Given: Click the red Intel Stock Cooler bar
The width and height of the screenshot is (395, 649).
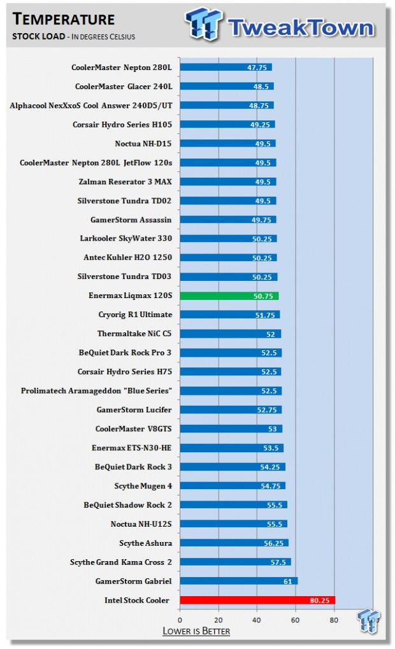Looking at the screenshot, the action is [x=257, y=600].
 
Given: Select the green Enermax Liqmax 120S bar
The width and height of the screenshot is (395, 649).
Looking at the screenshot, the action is [x=229, y=296].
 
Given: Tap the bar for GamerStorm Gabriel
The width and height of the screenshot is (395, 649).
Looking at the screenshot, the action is [x=238, y=581].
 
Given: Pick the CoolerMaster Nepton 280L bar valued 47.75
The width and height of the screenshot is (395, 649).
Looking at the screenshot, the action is [x=226, y=68].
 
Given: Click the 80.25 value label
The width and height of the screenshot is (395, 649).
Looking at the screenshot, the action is [x=320, y=601].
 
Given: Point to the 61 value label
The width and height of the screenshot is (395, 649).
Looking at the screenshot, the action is [x=288, y=581].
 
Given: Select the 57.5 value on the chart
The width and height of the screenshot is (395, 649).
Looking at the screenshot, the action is [x=278, y=562].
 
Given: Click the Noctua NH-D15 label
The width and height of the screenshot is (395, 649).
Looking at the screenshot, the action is [x=143, y=144].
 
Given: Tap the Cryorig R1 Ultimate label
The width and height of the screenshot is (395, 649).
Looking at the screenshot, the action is [x=135, y=315].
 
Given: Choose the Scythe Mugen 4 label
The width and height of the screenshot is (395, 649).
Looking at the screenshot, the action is [x=143, y=486].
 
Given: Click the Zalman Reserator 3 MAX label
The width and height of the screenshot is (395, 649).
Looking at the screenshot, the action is [x=125, y=182].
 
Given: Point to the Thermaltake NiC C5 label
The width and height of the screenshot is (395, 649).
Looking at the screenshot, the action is [x=134, y=334].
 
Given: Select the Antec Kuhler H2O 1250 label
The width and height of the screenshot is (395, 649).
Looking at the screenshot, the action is [x=127, y=257].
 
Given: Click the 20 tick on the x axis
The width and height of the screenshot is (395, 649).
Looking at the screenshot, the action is [x=218, y=620].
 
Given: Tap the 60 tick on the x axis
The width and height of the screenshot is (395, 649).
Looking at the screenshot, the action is [x=295, y=620].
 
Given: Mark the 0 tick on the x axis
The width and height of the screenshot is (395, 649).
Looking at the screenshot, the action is [x=180, y=620].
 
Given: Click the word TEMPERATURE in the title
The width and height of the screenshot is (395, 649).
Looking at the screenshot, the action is [x=64, y=19].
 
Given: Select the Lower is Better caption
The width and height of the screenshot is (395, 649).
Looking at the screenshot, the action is [x=196, y=631].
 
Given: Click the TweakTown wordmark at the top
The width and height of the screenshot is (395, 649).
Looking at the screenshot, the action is [x=301, y=27].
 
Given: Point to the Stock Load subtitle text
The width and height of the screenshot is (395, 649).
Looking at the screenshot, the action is [x=38, y=36].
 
